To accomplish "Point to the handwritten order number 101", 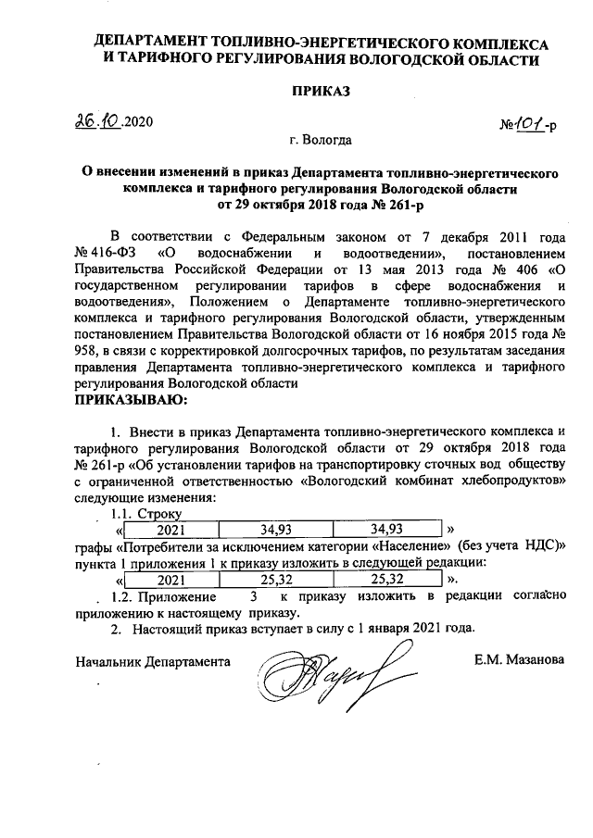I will (529, 121).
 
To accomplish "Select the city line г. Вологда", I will (319, 141).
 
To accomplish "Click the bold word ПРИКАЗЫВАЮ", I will (129, 400).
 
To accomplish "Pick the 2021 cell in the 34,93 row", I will (170, 530).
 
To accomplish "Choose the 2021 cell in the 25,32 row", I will (170, 579).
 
